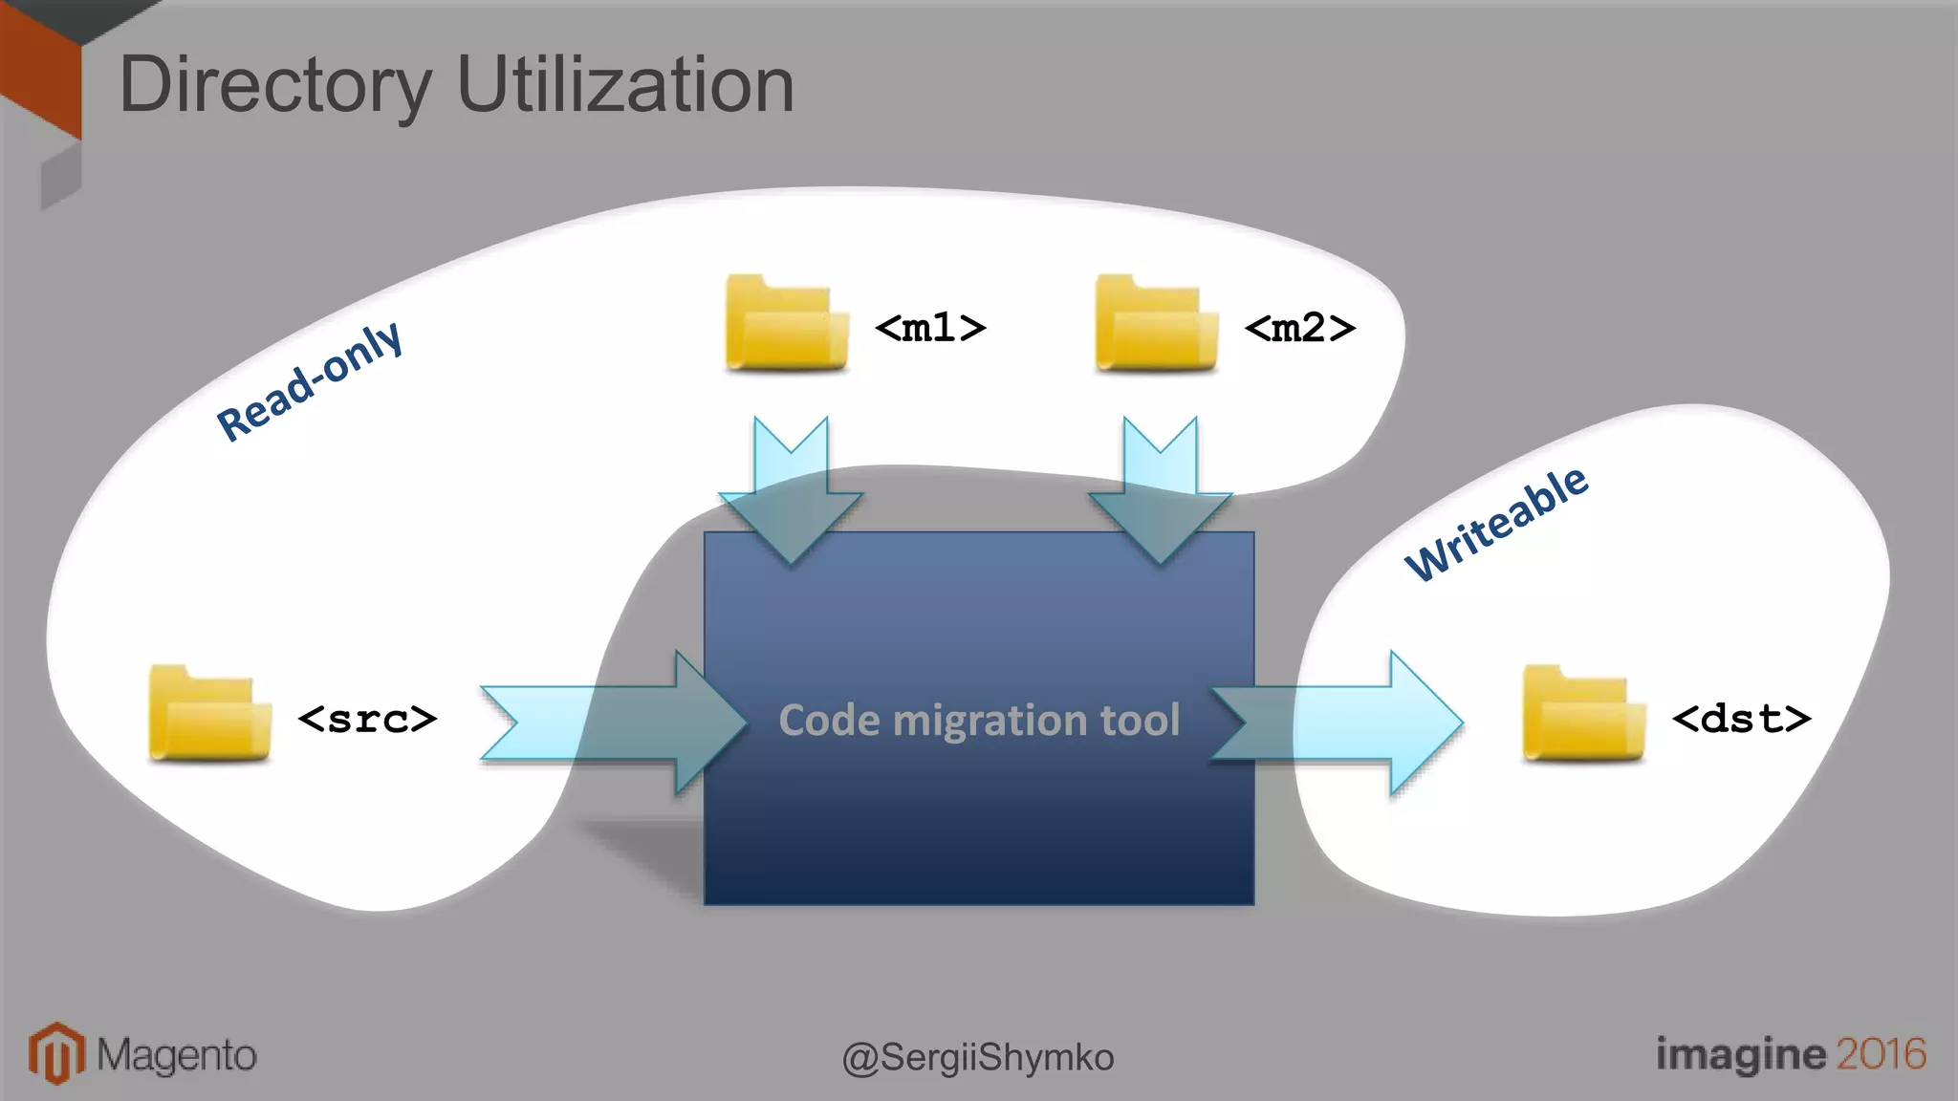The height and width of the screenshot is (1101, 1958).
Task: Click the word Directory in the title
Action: pos(274,86)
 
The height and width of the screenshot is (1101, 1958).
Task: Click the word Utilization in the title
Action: pos(625,86)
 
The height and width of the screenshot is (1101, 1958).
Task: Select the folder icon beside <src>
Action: pos(209,714)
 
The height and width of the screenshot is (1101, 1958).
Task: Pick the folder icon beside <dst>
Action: pos(1583,714)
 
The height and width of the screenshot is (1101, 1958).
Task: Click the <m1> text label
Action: pos(930,328)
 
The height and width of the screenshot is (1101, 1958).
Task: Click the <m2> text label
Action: pos(1299,328)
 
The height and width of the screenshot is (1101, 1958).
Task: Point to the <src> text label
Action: pos(367,718)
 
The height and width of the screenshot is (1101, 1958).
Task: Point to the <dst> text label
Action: pos(1741,718)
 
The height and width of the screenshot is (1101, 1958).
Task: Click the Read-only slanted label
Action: pos(310,381)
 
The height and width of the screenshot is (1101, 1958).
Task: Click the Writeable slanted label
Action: pos(1496,524)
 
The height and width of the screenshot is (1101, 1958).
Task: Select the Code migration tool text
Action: pos(979,720)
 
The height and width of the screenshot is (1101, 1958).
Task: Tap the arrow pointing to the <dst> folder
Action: pos(1338,723)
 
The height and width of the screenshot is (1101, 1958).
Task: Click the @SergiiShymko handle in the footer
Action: pos(978,1057)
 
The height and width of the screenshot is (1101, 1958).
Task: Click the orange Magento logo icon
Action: pos(56,1053)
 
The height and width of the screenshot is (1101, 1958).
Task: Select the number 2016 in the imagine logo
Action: pos(1881,1053)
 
